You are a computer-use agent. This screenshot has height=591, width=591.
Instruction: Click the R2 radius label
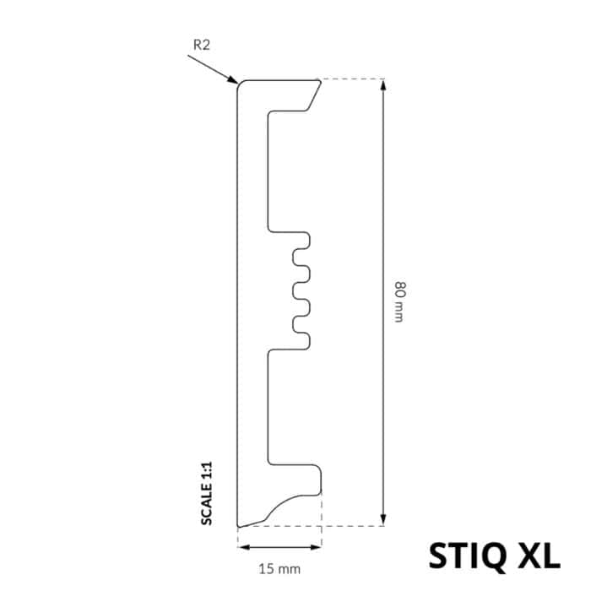click(x=201, y=45)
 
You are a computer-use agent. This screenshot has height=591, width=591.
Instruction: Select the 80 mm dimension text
click(x=399, y=300)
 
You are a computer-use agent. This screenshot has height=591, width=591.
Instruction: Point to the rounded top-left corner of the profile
click(x=239, y=84)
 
